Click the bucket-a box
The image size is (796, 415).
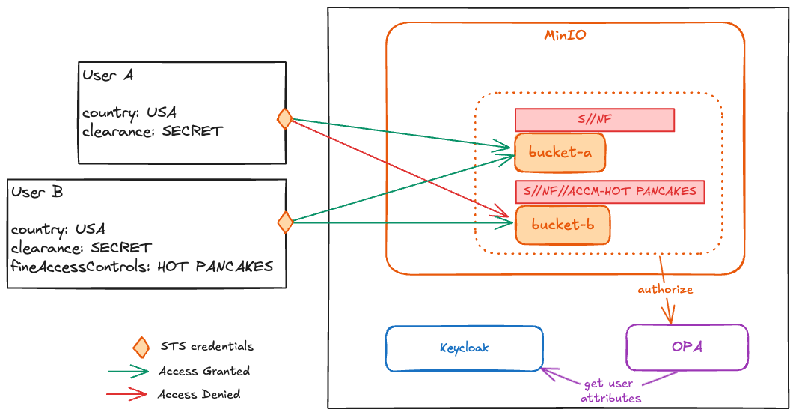point(560,153)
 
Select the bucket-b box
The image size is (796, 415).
point(563,225)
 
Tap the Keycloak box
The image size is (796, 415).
point(464,348)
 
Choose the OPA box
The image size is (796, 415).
point(687,347)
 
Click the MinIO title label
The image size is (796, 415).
point(565,35)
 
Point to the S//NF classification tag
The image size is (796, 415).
point(595,120)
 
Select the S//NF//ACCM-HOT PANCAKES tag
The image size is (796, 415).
point(610,192)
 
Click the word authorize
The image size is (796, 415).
point(665,289)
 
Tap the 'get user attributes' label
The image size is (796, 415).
point(610,390)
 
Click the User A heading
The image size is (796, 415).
point(108,75)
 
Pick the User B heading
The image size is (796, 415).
point(37,192)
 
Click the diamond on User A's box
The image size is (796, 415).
point(285,119)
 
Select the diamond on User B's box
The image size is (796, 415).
point(285,222)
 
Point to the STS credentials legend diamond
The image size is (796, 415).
point(141,348)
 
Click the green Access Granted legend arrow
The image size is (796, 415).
point(128,372)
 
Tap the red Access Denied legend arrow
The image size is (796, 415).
point(127,394)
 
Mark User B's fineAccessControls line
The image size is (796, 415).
point(141,267)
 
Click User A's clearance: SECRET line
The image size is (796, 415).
point(153,131)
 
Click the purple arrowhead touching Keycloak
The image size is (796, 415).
point(549,374)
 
